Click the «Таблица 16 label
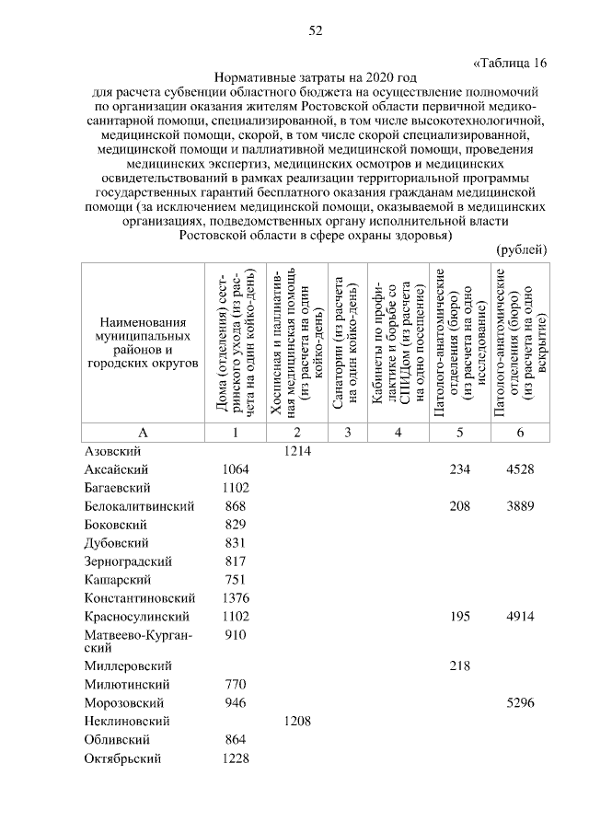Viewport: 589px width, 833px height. point(509,63)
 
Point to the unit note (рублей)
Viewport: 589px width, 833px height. point(522,250)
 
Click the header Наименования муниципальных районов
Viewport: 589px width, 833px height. point(143,342)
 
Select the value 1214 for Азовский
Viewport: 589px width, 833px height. point(298,451)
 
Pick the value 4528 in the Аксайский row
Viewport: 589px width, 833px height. point(520,469)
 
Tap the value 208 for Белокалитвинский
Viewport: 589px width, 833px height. point(458,506)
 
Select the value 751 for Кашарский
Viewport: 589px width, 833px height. point(236,580)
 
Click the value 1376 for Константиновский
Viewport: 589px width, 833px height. point(236,598)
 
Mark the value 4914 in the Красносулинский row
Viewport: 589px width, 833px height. point(520,617)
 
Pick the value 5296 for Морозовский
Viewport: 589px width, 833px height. point(520,703)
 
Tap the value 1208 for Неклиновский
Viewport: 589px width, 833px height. point(298,722)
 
